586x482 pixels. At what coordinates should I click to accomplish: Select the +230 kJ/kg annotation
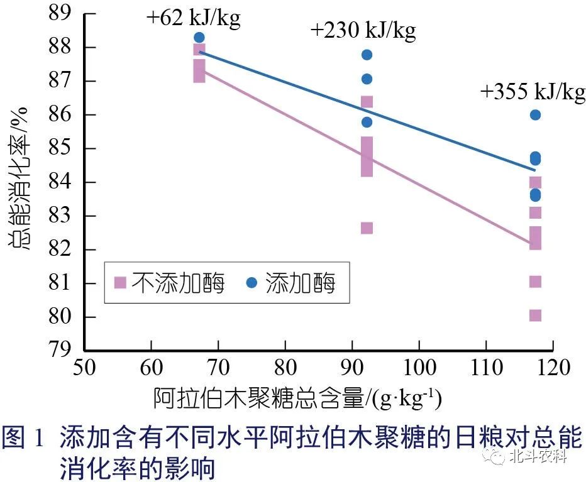pos(363,30)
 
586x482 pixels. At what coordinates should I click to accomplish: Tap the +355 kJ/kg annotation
pos(533,92)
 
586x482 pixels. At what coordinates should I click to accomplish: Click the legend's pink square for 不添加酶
pos(121,283)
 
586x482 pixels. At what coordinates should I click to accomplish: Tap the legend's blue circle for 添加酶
pos(252,283)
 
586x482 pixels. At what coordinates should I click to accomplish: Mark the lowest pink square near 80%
pos(535,315)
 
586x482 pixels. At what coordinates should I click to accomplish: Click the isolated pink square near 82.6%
pos(367,227)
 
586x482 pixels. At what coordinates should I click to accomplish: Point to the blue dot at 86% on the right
pos(535,114)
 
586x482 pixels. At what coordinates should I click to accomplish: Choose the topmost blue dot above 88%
pos(199,37)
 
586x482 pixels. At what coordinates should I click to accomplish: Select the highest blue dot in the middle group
pos(367,55)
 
